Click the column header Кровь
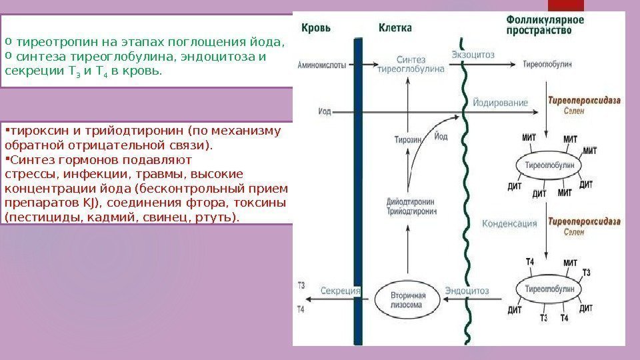[316, 29]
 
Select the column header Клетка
[395, 28]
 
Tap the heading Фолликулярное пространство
[545, 25]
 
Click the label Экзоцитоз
[473, 55]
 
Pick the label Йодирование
[500, 103]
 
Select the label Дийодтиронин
[412, 201]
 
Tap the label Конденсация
[509, 224]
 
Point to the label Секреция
[341, 291]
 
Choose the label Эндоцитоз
[467, 291]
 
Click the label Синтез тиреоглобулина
[411, 64]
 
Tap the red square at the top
[565, 5]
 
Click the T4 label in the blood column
[301, 309]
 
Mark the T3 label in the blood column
[301, 285]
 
